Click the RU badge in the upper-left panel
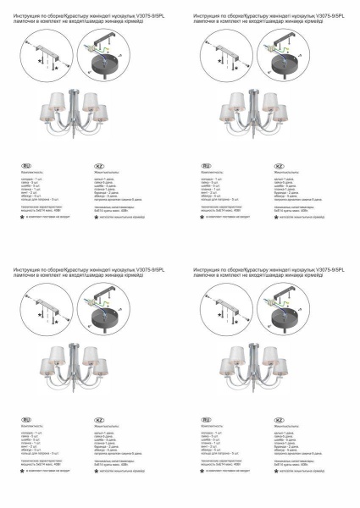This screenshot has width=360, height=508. pos(26,165)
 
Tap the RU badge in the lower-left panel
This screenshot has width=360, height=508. pos(26,419)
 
